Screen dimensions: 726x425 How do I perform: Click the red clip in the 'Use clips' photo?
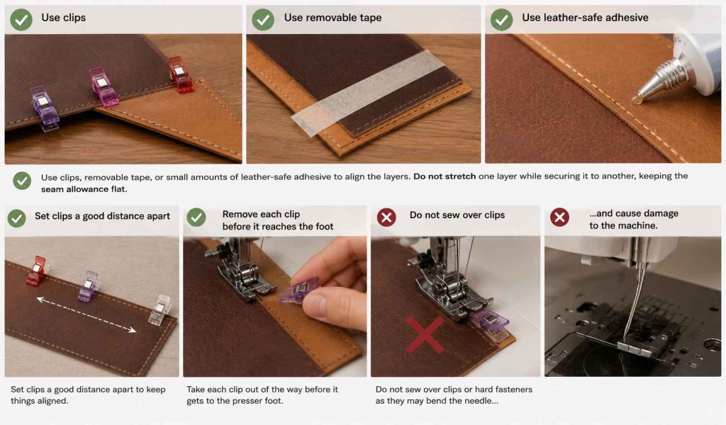click(180, 74)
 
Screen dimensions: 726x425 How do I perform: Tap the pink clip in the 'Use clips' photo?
click(102, 87)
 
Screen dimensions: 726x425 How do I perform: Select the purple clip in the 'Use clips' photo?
click(44, 108)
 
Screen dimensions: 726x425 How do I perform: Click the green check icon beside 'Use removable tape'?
click(263, 20)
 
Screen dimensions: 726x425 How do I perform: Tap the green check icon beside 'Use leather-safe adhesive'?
click(501, 20)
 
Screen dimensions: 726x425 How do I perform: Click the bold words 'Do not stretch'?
click(445, 176)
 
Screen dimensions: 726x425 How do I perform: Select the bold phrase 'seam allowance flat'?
click(83, 189)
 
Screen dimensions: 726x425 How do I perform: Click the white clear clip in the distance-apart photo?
click(160, 310)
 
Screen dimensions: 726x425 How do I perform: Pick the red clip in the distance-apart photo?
click(37, 270)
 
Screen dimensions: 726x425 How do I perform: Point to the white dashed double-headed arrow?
click(86, 315)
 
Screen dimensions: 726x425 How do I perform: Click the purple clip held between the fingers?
click(299, 290)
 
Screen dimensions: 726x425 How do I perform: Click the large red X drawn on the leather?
click(425, 334)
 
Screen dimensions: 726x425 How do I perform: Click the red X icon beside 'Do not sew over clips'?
click(386, 217)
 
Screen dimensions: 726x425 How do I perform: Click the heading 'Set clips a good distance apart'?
click(102, 216)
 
